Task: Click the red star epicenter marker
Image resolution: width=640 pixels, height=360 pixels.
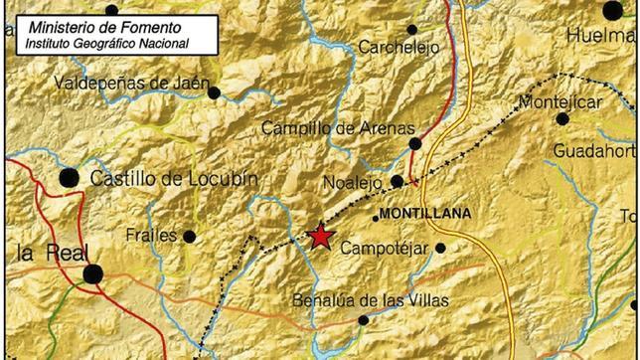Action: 320,236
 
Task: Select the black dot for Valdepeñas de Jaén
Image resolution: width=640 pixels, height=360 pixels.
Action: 214,92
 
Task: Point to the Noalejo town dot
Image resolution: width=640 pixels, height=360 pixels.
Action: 397,182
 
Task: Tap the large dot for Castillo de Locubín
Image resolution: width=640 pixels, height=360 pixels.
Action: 69,178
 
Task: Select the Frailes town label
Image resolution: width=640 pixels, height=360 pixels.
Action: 152,236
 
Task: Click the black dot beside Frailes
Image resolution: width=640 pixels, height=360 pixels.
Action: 189,237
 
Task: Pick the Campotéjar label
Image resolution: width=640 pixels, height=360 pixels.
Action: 383,248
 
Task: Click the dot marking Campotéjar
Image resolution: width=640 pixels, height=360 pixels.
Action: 440,248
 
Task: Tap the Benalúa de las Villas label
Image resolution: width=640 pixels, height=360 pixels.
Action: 371,300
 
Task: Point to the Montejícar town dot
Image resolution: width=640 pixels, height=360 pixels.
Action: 562,118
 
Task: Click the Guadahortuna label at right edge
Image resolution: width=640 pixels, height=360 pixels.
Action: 595,150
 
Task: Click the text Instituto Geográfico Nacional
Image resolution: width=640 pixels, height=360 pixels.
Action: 107,43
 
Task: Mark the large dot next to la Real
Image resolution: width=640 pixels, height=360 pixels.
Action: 92,273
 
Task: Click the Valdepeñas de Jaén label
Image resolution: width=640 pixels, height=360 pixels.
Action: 128,83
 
